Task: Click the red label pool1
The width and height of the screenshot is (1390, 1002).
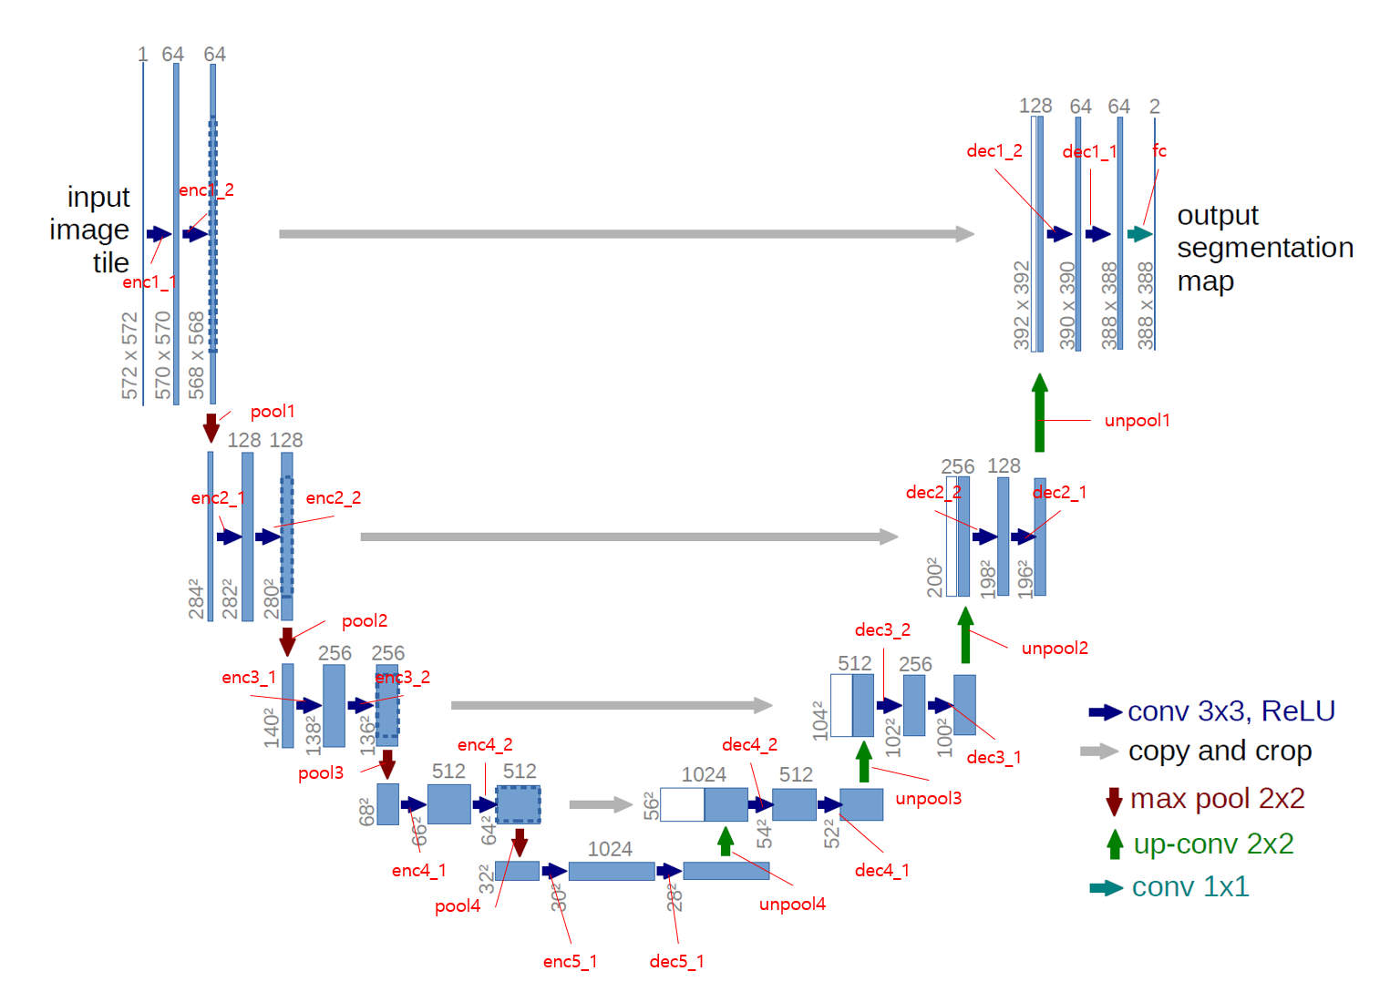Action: pos(272,412)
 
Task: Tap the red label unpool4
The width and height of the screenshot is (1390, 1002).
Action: pos(792,905)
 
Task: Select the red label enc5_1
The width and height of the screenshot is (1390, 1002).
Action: pos(570,962)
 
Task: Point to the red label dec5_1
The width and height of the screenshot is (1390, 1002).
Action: pos(676,962)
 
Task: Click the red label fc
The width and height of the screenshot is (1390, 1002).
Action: pos(1159,151)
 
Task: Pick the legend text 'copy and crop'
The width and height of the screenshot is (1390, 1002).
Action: pos(1220,751)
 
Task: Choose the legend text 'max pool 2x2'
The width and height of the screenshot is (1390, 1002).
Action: pos(1217,799)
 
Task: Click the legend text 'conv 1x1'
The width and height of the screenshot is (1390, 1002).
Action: pos(1189,887)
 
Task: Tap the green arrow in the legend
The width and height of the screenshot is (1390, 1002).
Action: pos(1114,844)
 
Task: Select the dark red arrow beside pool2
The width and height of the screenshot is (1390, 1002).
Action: pos(287,641)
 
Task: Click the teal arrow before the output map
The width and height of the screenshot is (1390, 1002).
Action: pos(1139,234)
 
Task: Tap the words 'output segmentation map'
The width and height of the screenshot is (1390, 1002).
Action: pos(1264,248)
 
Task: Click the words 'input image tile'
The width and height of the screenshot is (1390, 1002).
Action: pos(90,230)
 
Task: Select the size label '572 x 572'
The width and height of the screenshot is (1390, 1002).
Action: pos(129,355)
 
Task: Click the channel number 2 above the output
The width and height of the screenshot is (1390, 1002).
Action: pos(1154,107)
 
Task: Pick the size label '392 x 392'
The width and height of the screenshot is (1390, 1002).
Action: pos(1021,305)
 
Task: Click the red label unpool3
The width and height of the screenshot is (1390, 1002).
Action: pos(928,799)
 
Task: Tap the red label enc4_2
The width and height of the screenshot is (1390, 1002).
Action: pos(485,745)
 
